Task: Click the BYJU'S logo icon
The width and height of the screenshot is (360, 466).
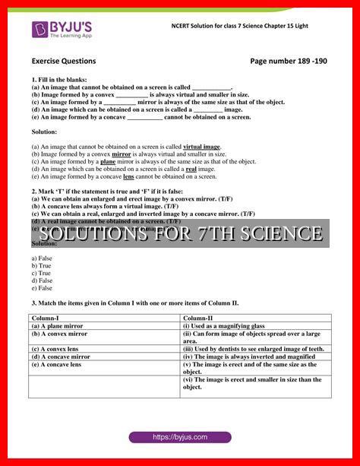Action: [x=39, y=29]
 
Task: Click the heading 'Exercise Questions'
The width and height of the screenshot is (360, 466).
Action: [x=64, y=61]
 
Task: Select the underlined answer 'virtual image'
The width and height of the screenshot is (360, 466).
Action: [x=202, y=146]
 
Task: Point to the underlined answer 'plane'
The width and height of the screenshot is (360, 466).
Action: [x=108, y=161]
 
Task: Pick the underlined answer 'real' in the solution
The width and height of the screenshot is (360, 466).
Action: [x=191, y=169]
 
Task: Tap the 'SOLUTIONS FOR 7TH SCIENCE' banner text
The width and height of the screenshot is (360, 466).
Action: [x=180, y=233]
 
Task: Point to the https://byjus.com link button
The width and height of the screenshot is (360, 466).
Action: [x=179, y=438]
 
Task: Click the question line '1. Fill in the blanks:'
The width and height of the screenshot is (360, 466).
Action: [x=59, y=80]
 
